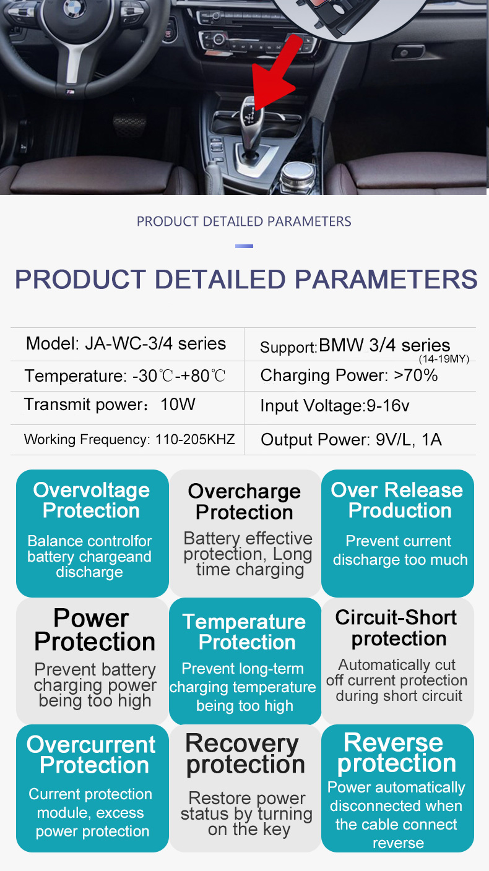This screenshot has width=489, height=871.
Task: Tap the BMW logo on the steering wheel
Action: [x=74, y=8]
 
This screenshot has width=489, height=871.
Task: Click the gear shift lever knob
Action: [x=251, y=117]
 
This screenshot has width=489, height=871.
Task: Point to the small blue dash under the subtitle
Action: [x=244, y=246]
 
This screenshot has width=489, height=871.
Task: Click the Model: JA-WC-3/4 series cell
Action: [x=126, y=344]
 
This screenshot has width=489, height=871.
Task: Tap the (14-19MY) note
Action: [x=444, y=359]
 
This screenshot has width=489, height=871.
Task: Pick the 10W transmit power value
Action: [x=178, y=405]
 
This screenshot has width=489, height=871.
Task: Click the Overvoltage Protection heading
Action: [x=92, y=500]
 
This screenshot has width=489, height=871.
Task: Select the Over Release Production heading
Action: [x=397, y=500]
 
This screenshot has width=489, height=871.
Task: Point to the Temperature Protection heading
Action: [x=244, y=632]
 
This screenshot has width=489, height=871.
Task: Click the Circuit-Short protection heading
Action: [x=396, y=628]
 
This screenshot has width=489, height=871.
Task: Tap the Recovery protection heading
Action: [x=245, y=754]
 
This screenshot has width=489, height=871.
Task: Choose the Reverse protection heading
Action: [x=396, y=753]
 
